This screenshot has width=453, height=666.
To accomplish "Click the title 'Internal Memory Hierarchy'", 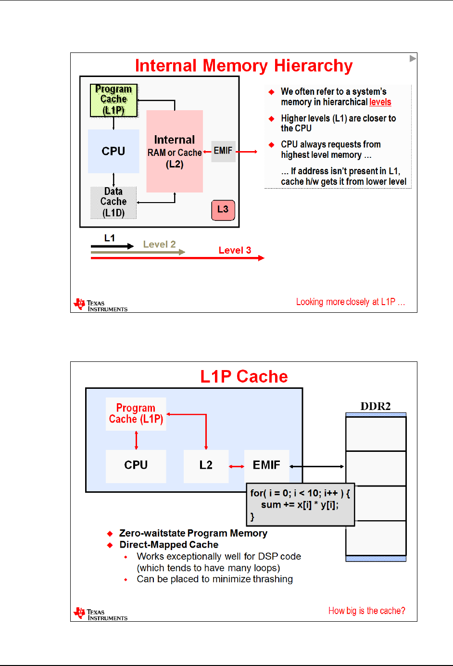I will [x=244, y=66].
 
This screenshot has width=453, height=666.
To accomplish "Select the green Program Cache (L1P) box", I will [x=114, y=100].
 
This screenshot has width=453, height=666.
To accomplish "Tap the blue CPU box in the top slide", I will [x=113, y=151].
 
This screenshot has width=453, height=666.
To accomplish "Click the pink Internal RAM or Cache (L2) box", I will [x=175, y=151].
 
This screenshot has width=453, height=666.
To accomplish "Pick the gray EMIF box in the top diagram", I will [x=223, y=151].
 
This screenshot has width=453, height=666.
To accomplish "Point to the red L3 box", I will [x=223, y=210].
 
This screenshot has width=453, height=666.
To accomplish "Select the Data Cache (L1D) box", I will [x=113, y=202].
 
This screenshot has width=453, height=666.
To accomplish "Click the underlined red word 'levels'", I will [x=380, y=102].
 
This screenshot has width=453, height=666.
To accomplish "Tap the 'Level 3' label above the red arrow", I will [x=235, y=250].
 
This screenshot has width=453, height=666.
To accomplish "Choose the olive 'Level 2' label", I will [x=159, y=244].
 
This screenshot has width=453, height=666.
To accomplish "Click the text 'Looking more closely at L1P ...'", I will [x=351, y=302].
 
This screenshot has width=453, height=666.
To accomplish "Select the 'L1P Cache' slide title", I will [x=244, y=376].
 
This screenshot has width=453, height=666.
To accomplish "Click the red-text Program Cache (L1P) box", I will [x=136, y=414].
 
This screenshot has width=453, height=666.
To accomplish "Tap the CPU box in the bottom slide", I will [x=136, y=465].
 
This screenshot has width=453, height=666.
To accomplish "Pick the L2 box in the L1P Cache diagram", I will [x=206, y=465].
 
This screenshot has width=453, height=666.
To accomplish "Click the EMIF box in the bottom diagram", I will [x=266, y=465].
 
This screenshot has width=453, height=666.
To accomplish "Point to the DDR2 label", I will [x=376, y=406].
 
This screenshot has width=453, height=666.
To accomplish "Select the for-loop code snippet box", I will [x=300, y=505].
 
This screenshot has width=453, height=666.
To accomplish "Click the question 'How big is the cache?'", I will [x=366, y=611].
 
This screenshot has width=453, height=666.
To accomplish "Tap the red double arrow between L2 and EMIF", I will [x=236, y=466].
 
